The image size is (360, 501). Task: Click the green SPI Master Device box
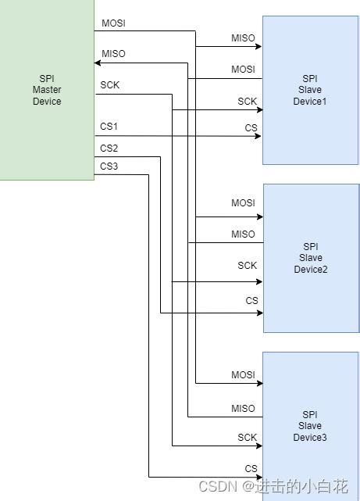coord(47,90)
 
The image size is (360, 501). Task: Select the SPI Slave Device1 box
coord(310,90)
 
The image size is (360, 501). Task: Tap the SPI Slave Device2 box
coord(310,258)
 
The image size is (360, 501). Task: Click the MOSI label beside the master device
coord(113,23)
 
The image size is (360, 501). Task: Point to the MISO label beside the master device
coord(113,54)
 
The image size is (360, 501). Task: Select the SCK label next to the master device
coord(110,84)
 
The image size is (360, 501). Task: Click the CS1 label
coord(109,127)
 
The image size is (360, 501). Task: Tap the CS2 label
coord(109,148)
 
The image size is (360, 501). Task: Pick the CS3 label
coord(109,166)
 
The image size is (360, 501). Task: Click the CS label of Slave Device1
coord(251,128)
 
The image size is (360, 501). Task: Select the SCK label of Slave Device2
coord(247,266)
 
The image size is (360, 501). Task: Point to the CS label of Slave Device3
coord(251,468)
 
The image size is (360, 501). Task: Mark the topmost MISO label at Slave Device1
coord(243,38)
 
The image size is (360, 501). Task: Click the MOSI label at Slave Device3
coord(243,375)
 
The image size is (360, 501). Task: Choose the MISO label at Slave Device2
coord(243,234)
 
